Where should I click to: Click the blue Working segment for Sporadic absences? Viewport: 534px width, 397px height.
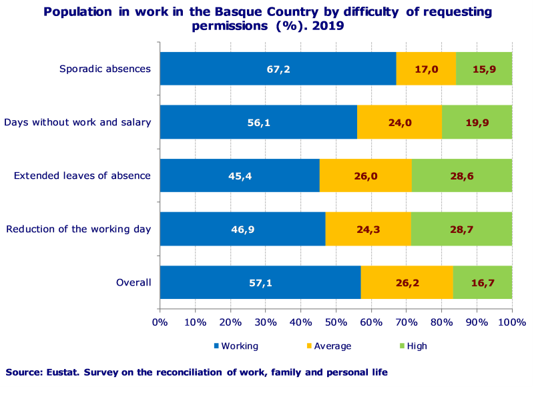pos(278,69)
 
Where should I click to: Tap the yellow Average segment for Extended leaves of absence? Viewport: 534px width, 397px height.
pos(366,175)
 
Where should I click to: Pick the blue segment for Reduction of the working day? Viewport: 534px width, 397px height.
pos(242,229)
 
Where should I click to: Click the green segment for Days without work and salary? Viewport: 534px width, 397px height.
pos(477,122)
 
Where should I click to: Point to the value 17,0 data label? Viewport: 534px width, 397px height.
pos(427,69)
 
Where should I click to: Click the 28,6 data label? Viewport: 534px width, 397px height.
pos(462,175)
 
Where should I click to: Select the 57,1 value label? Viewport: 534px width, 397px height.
pos(260,282)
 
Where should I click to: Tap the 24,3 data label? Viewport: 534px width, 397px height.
pos(368,229)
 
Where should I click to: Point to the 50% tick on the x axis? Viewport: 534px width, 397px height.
pos(336,323)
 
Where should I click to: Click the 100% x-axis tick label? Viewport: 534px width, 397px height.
pos(511,323)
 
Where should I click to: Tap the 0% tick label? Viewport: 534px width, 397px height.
pos(160,323)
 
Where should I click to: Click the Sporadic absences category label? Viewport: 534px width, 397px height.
pos(105,69)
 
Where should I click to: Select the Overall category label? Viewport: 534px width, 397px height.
pos(133,282)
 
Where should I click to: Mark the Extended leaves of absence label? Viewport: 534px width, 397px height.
pos(82,175)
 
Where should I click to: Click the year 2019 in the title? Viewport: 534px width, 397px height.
pos(330,26)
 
